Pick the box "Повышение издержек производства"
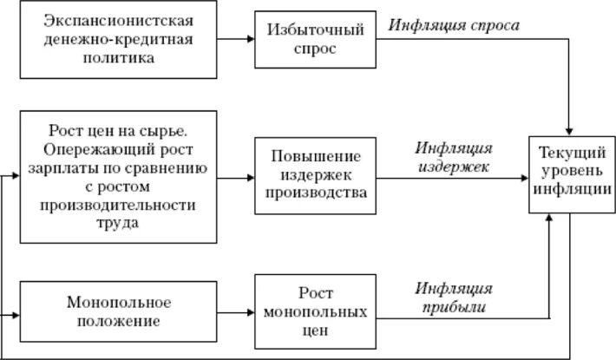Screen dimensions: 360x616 coord(316,176)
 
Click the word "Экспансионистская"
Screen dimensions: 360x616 coord(118,19)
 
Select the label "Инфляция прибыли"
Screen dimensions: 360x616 coord(455,298)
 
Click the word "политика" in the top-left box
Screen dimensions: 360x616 coord(118,59)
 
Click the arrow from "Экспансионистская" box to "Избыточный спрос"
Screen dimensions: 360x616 coord(234,40)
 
